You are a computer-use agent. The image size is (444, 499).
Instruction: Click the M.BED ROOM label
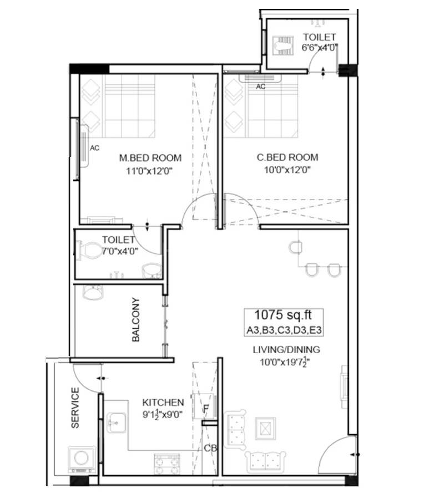[150, 158]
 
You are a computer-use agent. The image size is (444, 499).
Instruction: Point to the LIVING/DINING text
[286, 350]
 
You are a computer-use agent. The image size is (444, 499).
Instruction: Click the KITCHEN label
[163, 402]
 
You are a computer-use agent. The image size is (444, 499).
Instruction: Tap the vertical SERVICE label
[75, 408]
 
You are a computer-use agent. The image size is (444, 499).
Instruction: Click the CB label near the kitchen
[209, 448]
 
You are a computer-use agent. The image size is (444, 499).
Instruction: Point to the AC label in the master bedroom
[94, 148]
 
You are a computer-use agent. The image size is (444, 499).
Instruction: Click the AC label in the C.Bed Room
[260, 86]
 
